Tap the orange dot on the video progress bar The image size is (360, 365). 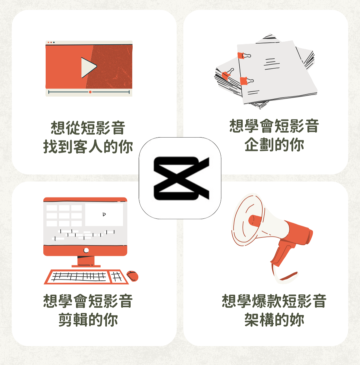(90, 92)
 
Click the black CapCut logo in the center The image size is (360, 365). (181, 178)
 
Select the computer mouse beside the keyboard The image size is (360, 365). (133, 276)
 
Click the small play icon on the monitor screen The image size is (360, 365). (104, 214)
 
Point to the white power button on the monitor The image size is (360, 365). (86, 250)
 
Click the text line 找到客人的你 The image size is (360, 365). (88, 147)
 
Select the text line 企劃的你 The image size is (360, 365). (274, 145)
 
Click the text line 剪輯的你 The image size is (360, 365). (88, 320)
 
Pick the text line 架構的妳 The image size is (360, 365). (274, 320)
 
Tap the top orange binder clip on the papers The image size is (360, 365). (244, 56)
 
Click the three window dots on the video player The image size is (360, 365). (51, 42)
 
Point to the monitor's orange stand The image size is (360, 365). (86, 261)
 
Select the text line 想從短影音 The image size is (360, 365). (88, 128)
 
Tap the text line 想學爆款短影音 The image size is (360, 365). (274, 301)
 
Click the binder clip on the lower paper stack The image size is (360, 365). (228, 74)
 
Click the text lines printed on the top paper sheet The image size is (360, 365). (272, 64)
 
